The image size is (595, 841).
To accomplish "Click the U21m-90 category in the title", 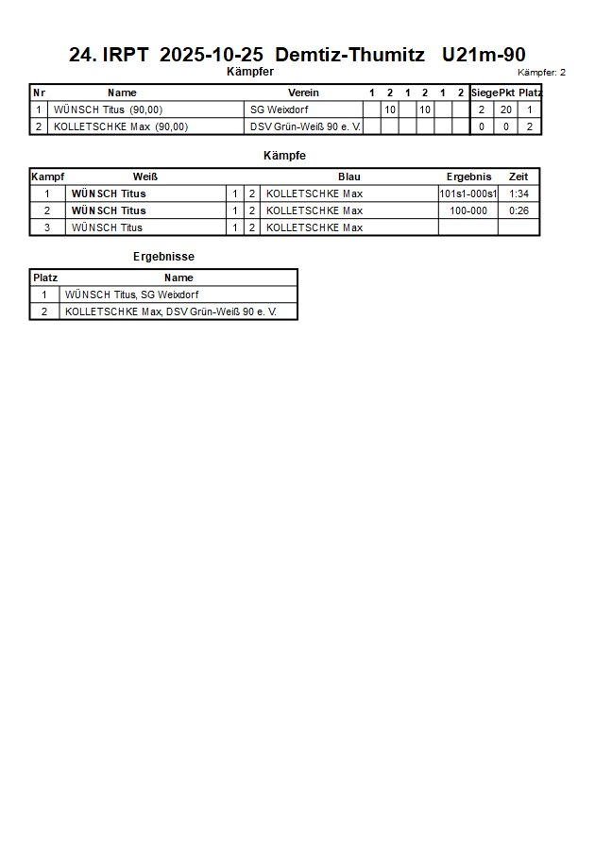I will click(484, 56).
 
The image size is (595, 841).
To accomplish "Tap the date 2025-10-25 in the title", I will click(212, 56).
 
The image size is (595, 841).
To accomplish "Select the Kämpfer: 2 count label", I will click(542, 73).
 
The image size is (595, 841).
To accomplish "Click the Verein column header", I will click(303, 93).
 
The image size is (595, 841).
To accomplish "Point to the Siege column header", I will click(484, 93).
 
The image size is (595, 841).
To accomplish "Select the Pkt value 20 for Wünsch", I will click(506, 109).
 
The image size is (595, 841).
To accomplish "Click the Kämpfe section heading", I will click(284, 155).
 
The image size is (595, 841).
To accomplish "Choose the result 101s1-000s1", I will click(468, 193).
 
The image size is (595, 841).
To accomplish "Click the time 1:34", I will click(518, 193).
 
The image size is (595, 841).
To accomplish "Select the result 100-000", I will click(468, 210).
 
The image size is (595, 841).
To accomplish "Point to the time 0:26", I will click(518, 210).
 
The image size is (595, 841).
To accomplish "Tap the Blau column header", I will click(349, 177).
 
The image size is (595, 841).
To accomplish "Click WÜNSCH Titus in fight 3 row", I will click(108, 227).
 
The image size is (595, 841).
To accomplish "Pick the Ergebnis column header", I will click(468, 177).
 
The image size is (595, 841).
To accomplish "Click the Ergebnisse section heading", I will click(163, 257).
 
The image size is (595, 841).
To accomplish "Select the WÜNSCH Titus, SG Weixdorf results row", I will click(132, 294).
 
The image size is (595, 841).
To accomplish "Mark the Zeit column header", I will click(518, 177).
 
